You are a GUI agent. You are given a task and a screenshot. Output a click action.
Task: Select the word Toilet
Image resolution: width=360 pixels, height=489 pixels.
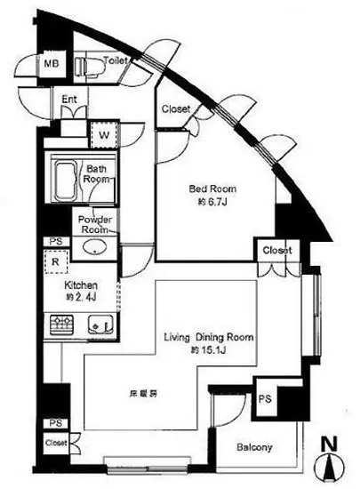click(x=116, y=60)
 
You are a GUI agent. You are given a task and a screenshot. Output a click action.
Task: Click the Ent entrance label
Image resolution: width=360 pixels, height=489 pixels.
click(x=69, y=100)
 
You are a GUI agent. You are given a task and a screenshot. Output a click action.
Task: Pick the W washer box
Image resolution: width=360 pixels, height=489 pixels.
click(x=104, y=134)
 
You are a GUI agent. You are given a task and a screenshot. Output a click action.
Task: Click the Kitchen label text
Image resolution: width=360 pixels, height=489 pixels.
click(x=81, y=286)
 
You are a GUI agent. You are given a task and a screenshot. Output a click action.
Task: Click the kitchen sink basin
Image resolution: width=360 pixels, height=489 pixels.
click(x=97, y=327)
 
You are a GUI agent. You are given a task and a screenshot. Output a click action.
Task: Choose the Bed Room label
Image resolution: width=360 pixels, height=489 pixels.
click(x=211, y=188)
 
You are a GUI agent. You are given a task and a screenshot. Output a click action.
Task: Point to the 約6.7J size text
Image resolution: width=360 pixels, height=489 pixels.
click(x=211, y=202)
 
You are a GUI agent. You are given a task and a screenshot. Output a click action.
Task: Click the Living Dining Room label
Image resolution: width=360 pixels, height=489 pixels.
click(x=209, y=338)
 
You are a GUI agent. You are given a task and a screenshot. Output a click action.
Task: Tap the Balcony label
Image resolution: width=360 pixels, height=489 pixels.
click(x=254, y=447)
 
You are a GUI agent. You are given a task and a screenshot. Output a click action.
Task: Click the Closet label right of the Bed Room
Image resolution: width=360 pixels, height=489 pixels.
click(x=276, y=251)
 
